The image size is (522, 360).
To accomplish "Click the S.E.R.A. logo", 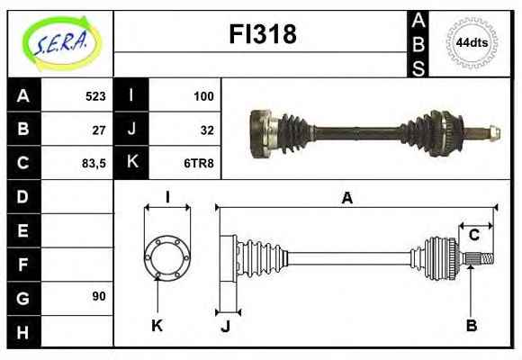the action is click(x=61, y=43).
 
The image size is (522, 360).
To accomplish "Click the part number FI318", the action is click(x=263, y=34).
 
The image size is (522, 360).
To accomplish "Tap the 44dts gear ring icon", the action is click(x=472, y=42).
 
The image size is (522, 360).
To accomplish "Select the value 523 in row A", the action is click(x=95, y=96).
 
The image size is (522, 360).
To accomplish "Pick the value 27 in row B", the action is click(x=99, y=130).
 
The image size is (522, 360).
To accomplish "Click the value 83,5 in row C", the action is click(x=94, y=164).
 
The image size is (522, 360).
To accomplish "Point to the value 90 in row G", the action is click(x=99, y=296).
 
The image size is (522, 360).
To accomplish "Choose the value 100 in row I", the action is click(x=203, y=96).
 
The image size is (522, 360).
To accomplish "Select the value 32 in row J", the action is click(x=207, y=130).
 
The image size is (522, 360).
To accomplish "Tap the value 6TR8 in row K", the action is click(x=199, y=163).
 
